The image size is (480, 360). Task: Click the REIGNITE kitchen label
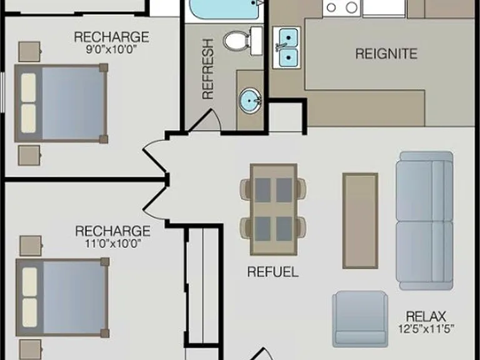coord(386,54)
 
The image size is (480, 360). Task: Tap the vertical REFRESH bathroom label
coord(208,69)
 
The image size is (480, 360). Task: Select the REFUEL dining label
coord(272,272)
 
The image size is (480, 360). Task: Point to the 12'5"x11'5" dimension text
coord(426,329)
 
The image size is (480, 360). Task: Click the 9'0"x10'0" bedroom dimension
coord(111,49)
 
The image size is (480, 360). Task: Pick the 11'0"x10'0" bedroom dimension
coord(113,244)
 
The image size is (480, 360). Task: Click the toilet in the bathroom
coord(242,41)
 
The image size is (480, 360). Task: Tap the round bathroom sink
coord(250,101)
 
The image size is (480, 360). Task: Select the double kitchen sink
coord(287,47)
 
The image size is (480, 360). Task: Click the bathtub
coord(226,9)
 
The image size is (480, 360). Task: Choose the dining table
coord(273,209)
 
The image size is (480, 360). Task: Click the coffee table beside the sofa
coord(360,221)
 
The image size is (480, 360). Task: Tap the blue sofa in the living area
coord(424,221)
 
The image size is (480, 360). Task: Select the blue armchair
coord(360,319)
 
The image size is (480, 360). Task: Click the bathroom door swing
coord(205,121)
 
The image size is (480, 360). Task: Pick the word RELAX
coord(426,316)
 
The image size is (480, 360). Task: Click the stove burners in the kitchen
coord(342,7)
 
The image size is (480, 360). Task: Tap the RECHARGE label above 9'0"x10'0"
coord(111,37)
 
